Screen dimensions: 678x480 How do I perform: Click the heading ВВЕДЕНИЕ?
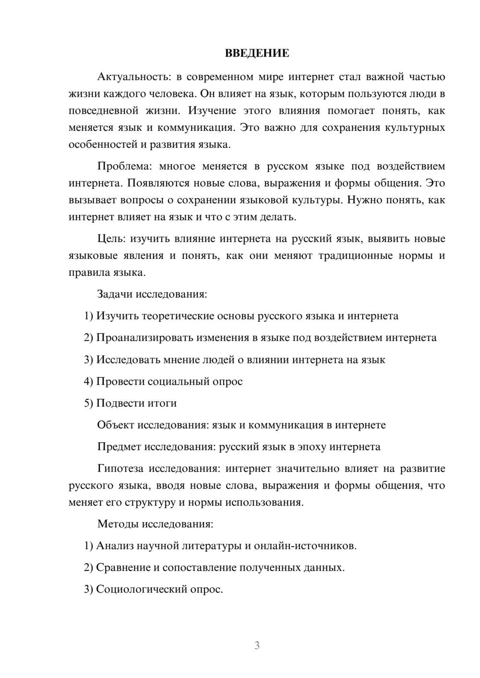tap(257, 53)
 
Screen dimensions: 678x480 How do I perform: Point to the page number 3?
tap(257, 645)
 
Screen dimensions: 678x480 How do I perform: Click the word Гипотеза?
tap(120, 468)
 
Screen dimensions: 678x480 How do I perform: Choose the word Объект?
tap(116, 425)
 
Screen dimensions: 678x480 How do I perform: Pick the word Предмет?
tap(119, 447)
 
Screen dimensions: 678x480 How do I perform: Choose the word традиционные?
tap(352, 256)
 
